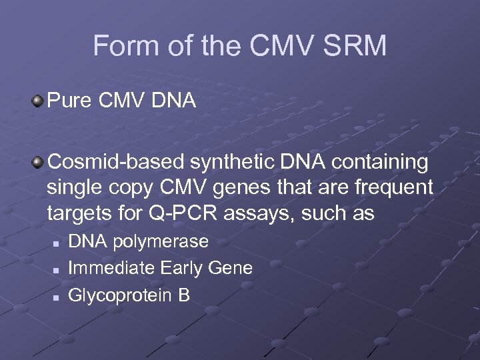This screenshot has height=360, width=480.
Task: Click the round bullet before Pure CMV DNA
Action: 37,101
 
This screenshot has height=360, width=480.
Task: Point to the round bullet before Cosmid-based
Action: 37,162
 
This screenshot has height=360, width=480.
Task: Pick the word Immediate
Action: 111,268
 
